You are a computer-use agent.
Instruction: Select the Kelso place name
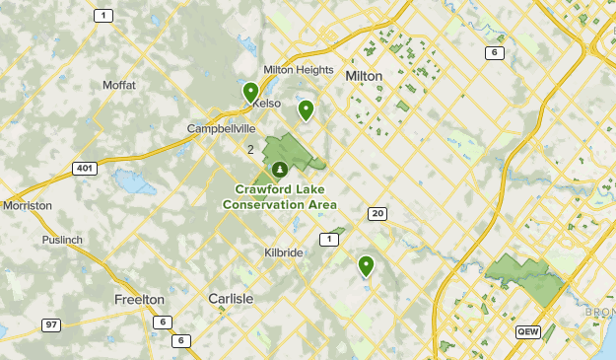267,103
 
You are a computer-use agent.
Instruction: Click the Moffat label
119,85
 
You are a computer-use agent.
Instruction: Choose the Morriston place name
27,205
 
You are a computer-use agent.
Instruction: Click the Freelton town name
139,299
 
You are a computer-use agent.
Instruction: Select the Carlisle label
231,298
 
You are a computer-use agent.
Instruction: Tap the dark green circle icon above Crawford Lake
280,170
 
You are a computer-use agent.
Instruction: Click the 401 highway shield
85,169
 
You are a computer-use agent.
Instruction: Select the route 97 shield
51,324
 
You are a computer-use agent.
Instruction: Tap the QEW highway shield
527,332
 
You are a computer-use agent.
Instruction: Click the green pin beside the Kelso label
250,93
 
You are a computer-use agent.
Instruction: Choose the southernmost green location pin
366,264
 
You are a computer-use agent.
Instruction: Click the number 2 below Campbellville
250,150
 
